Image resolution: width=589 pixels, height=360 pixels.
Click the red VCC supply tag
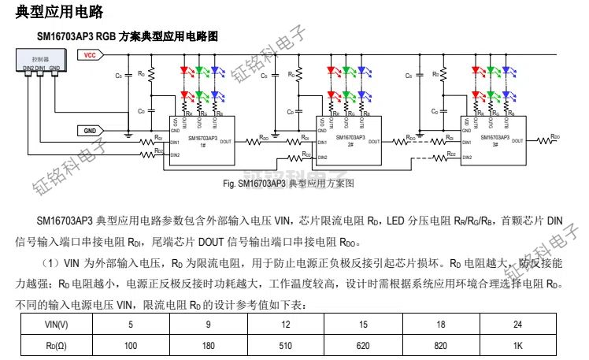[x=88, y=56]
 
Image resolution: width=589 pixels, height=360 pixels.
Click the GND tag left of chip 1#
[x=88, y=130]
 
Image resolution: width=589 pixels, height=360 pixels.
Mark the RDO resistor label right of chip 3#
[x=555, y=136]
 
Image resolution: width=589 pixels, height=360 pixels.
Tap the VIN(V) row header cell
[x=56, y=325]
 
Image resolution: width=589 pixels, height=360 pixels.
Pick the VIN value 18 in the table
[x=441, y=325]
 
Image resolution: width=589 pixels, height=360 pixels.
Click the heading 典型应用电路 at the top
[x=58, y=12]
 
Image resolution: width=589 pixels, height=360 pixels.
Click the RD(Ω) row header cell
[x=56, y=345]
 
